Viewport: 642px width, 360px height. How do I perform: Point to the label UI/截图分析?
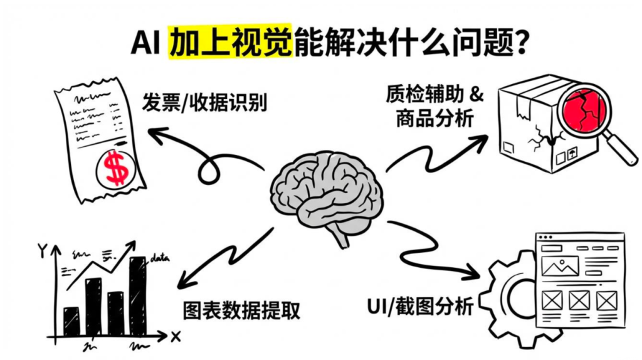[419, 307]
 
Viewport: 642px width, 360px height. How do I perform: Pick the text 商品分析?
[434, 119]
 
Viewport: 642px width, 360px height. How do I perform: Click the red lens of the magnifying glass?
[580, 104]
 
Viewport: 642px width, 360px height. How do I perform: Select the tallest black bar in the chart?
[137, 295]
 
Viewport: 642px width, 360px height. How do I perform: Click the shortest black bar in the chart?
[72, 320]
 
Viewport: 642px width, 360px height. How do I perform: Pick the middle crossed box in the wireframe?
[579, 301]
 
